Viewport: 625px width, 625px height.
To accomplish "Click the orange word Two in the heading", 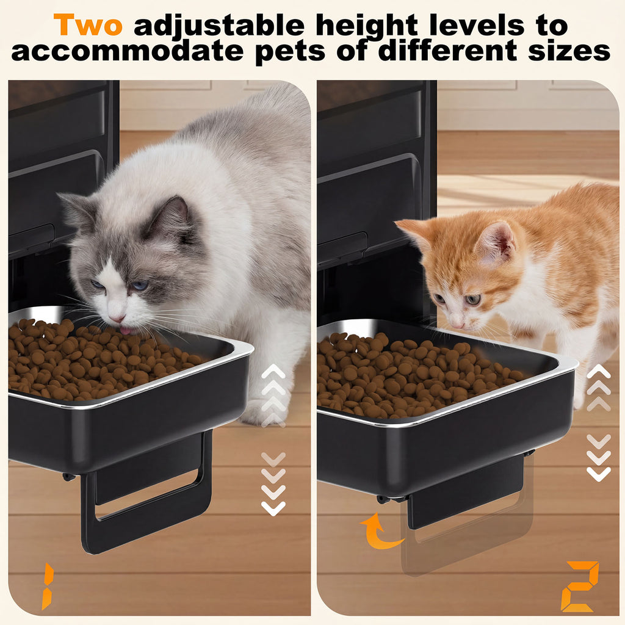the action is pos(88,24).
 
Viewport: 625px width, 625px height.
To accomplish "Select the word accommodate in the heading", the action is pos(127,51).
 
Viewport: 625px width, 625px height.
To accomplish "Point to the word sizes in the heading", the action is pos(569,51).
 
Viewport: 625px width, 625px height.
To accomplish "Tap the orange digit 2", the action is pos(580,586).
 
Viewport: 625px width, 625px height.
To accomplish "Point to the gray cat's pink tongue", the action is pos(125,330).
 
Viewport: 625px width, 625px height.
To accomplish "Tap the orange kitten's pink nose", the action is pos(457,325).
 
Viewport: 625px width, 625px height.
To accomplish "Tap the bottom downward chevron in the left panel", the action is pos(273,508).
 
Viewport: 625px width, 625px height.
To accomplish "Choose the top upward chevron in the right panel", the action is pos(598,371).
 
